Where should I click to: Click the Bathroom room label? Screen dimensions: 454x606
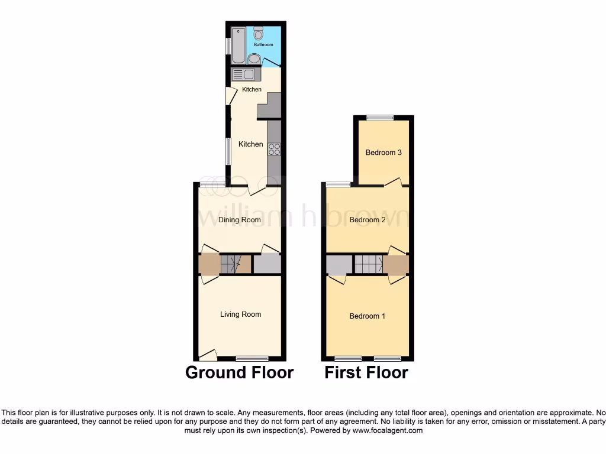click(x=263, y=44)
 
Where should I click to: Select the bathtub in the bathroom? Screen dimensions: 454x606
click(x=238, y=45)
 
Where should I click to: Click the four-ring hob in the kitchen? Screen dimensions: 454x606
click(x=274, y=149)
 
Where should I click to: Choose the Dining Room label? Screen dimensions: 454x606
click(x=240, y=220)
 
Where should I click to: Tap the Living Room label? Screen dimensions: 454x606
click(x=240, y=314)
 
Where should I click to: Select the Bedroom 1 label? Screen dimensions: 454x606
click(x=367, y=316)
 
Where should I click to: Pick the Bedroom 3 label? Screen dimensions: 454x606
click(x=383, y=153)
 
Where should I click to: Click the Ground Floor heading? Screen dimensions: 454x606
click(x=239, y=372)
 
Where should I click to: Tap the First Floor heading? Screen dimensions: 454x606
click(x=366, y=372)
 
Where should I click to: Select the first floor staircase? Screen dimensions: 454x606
click(x=369, y=264)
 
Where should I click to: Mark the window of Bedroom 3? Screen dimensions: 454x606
click(x=379, y=118)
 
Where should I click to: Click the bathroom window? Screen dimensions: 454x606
click(x=228, y=46)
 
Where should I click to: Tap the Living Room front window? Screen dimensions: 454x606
click(x=252, y=358)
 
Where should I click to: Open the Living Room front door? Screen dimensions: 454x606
click(x=207, y=355)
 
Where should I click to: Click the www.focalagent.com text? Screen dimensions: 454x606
click(x=387, y=431)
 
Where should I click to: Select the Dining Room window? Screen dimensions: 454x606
click(x=212, y=185)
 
